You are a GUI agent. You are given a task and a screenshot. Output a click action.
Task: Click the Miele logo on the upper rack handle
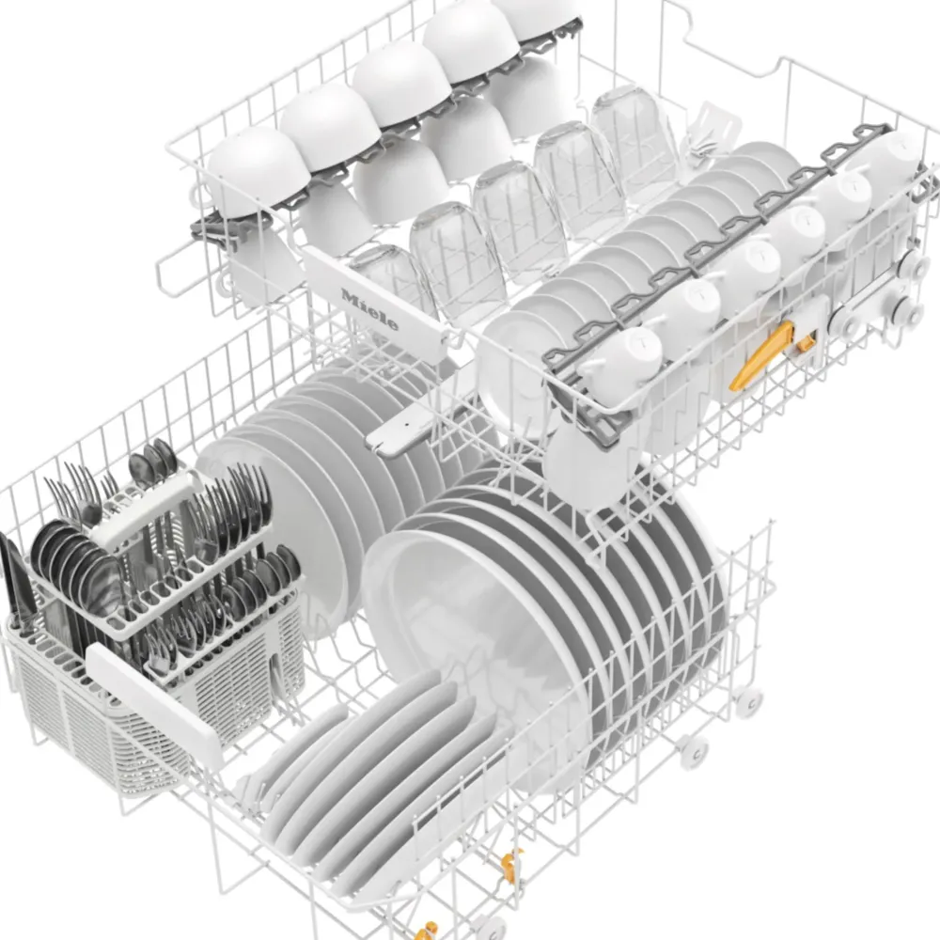(369, 309)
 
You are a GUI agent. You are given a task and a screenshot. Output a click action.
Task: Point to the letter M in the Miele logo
(349, 296)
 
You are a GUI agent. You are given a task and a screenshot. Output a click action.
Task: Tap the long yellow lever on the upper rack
(760, 355)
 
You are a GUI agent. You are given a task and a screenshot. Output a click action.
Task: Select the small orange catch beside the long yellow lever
(805, 343)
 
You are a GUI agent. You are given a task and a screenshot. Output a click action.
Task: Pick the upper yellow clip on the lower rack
(510, 865)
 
